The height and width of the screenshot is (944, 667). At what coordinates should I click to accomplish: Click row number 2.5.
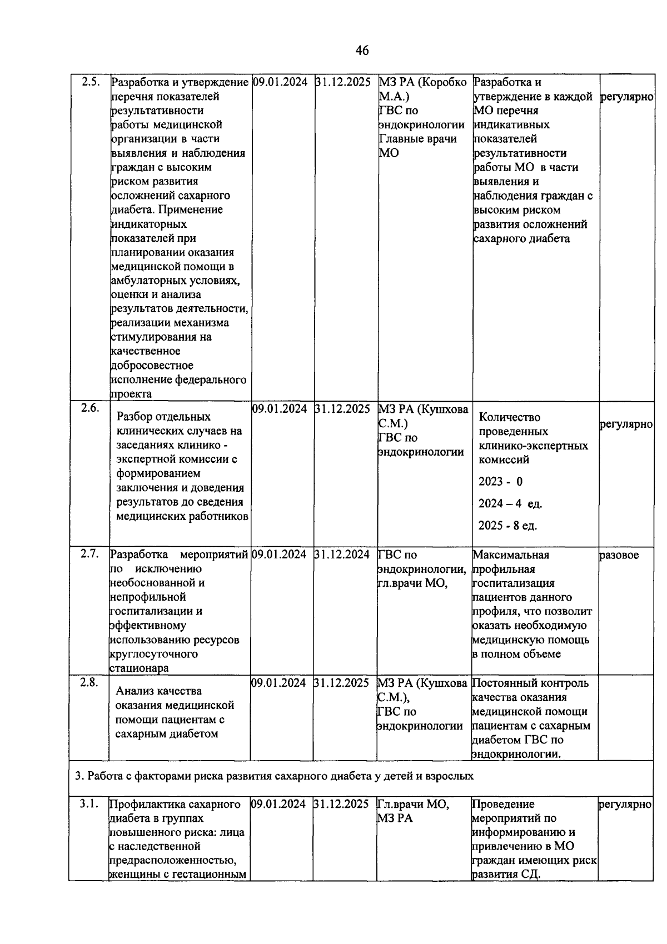coord(89,82)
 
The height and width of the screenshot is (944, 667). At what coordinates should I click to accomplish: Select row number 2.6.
coord(89,408)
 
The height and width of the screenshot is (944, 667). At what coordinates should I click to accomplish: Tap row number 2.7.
coord(89,553)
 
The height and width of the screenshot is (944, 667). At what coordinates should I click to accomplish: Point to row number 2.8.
coord(89,682)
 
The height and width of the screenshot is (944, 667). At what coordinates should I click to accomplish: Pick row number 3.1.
coord(89,803)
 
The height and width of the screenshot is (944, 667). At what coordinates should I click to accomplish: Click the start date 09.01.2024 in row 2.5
coord(280,82)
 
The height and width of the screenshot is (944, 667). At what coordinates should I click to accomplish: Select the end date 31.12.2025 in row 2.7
coord(342,554)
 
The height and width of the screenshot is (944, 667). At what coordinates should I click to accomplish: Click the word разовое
coord(619,555)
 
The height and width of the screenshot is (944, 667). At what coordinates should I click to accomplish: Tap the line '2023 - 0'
coord(500,482)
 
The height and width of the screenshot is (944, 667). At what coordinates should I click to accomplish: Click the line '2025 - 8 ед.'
coord(507,526)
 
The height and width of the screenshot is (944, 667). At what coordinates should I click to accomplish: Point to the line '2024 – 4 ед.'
coord(510,504)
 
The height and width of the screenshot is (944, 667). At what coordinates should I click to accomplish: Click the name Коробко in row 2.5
coord(442,82)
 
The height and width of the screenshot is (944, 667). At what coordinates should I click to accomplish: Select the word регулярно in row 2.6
coord(626,424)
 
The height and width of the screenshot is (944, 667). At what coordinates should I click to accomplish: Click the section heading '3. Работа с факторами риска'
coord(274,776)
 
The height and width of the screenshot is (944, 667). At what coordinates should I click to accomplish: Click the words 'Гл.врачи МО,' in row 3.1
coord(413,804)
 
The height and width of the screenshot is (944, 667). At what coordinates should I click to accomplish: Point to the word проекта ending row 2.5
coord(131,394)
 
